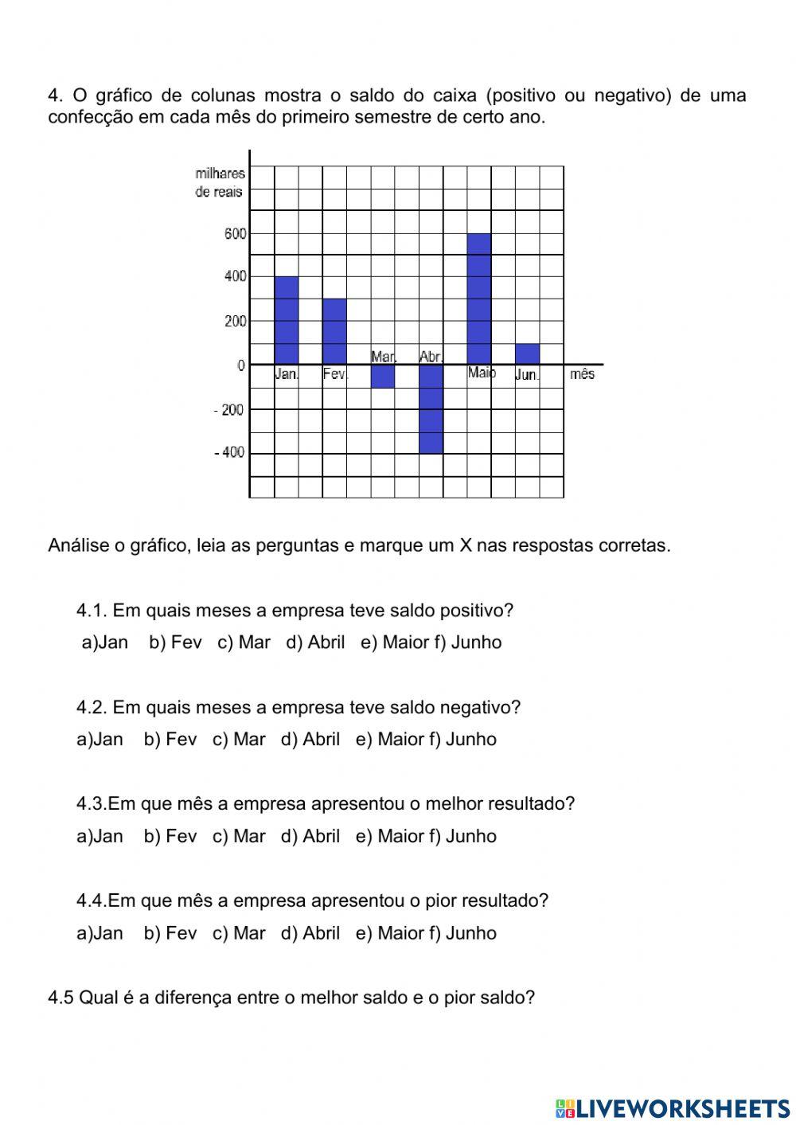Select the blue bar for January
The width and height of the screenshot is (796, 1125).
287,320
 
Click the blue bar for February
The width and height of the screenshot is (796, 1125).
334,331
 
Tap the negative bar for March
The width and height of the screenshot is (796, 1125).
383,376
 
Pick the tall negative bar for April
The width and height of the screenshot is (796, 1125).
431,408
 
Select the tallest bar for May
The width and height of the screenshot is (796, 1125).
478,299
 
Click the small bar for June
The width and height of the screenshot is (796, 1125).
527,354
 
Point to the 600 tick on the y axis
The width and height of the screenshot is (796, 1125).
235,233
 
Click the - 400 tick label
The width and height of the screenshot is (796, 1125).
229,452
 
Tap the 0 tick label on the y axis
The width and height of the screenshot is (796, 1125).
241,365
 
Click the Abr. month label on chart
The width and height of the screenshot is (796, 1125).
431,357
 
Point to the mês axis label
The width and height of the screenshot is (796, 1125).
582,374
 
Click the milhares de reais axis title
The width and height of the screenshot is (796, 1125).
220,182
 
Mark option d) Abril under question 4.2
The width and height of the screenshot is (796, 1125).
310,740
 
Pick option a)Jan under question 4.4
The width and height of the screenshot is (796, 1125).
99,933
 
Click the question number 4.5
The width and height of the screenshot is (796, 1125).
60,998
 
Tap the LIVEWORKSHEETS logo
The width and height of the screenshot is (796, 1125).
673,1107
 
